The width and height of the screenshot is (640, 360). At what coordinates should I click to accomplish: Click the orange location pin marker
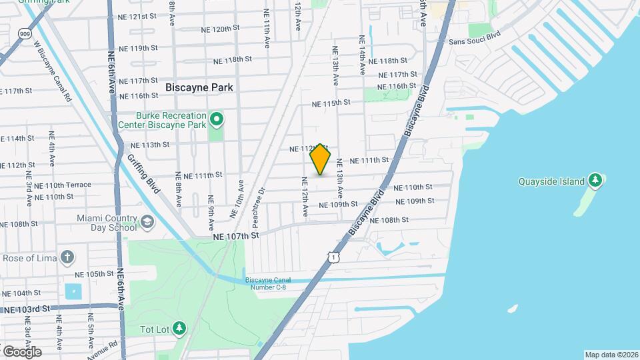pos(321,159)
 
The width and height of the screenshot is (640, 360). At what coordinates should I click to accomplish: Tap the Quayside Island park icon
pos(596,181)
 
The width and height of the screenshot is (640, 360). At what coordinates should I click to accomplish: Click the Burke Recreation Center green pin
pos(217,120)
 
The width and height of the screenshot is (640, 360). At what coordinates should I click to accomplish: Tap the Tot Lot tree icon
pos(179,328)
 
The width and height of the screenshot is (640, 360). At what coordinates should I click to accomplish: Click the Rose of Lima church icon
pos(67,257)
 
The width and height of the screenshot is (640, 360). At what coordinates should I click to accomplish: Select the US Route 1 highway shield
pos(331,256)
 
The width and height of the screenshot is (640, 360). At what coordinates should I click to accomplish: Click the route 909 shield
pos(25,33)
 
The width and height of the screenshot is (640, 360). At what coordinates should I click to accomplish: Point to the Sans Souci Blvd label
pos(474,41)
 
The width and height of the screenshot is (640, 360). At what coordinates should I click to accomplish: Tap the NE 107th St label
pos(235,236)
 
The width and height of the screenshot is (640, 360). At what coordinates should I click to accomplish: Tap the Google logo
pos(21,351)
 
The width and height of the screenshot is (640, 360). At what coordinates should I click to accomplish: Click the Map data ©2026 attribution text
pos(611,355)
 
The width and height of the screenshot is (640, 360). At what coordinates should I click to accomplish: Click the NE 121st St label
pos(138,15)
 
